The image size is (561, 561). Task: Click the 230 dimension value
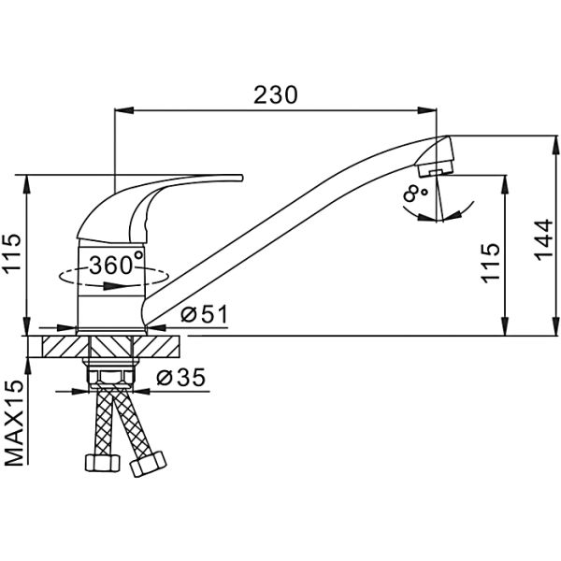[276, 95]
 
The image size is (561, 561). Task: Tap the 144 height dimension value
[543, 239]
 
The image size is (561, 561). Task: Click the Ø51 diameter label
[204, 314]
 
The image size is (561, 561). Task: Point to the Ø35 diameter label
[181, 377]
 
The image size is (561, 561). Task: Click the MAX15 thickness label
[14, 423]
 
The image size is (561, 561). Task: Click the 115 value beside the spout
[490, 263]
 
